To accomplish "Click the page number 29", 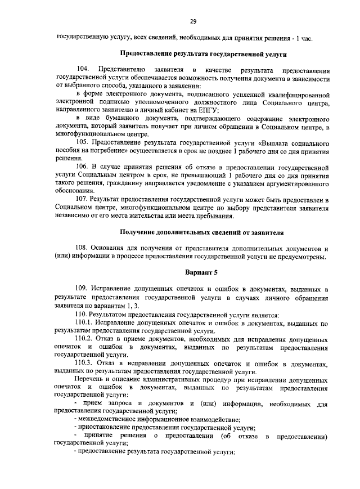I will (x=193, y=22).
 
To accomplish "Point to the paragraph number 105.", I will (x=82, y=143).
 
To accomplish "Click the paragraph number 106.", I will (x=82, y=168).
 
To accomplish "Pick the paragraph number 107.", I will (x=82, y=200).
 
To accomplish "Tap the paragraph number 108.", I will (x=82, y=248).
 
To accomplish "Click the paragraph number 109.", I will (x=82, y=289).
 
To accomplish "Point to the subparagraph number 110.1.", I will (x=84, y=324).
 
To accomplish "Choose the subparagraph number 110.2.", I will (x=84, y=340).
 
